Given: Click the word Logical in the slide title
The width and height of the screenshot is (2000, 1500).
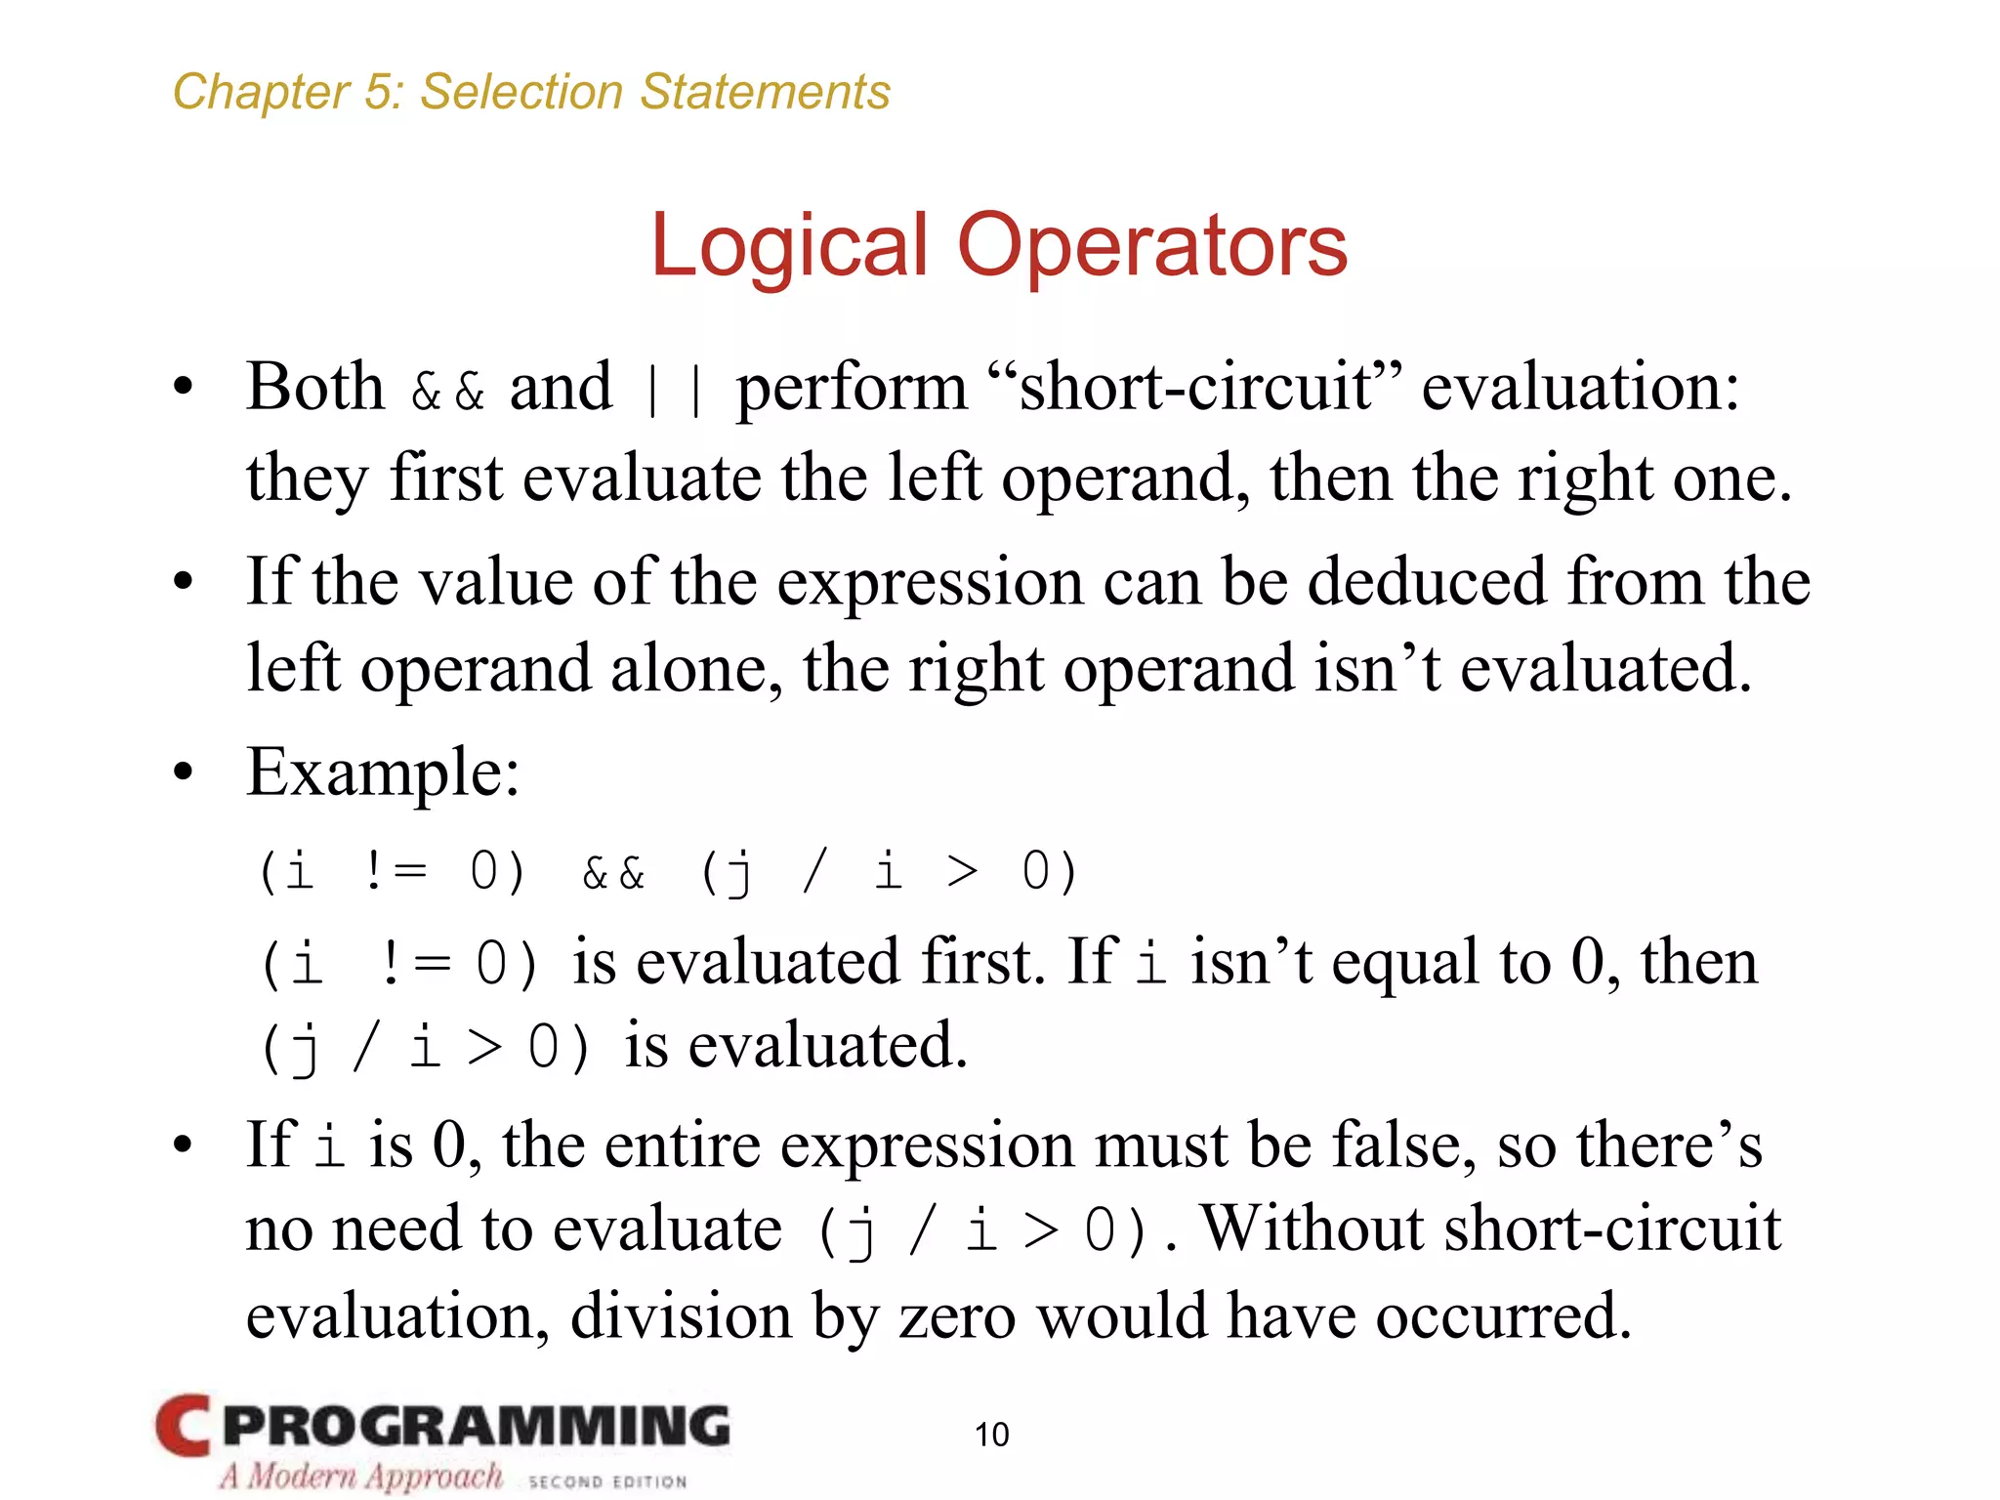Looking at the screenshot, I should coord(788,246).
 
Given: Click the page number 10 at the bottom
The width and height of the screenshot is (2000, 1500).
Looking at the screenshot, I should coord(991,1434).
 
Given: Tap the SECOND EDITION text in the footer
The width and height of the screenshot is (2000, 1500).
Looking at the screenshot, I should coord(607,1481).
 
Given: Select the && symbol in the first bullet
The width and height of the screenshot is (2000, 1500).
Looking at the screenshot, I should coord(448,391).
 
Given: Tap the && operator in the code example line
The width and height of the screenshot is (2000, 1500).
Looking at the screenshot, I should coord(613,872).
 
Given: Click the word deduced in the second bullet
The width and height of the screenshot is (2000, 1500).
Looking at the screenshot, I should coord(1427,582).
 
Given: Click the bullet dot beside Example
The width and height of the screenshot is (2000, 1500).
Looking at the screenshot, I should coord(183,773).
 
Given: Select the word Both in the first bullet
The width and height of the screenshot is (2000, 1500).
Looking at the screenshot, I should coord(315,387).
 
